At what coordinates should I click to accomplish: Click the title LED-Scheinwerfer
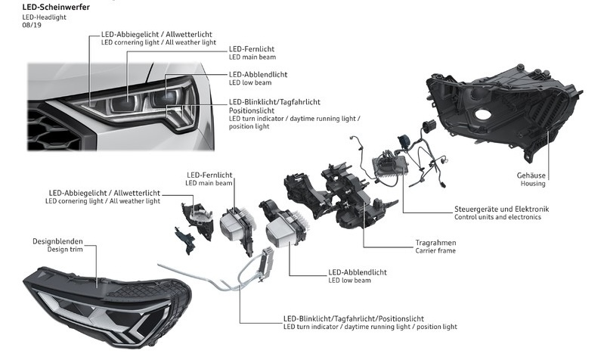point(55,7)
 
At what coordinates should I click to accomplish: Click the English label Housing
point(532,183)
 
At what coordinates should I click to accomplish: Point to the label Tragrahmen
point(435,243)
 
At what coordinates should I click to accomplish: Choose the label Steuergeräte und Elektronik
point(501,208)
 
